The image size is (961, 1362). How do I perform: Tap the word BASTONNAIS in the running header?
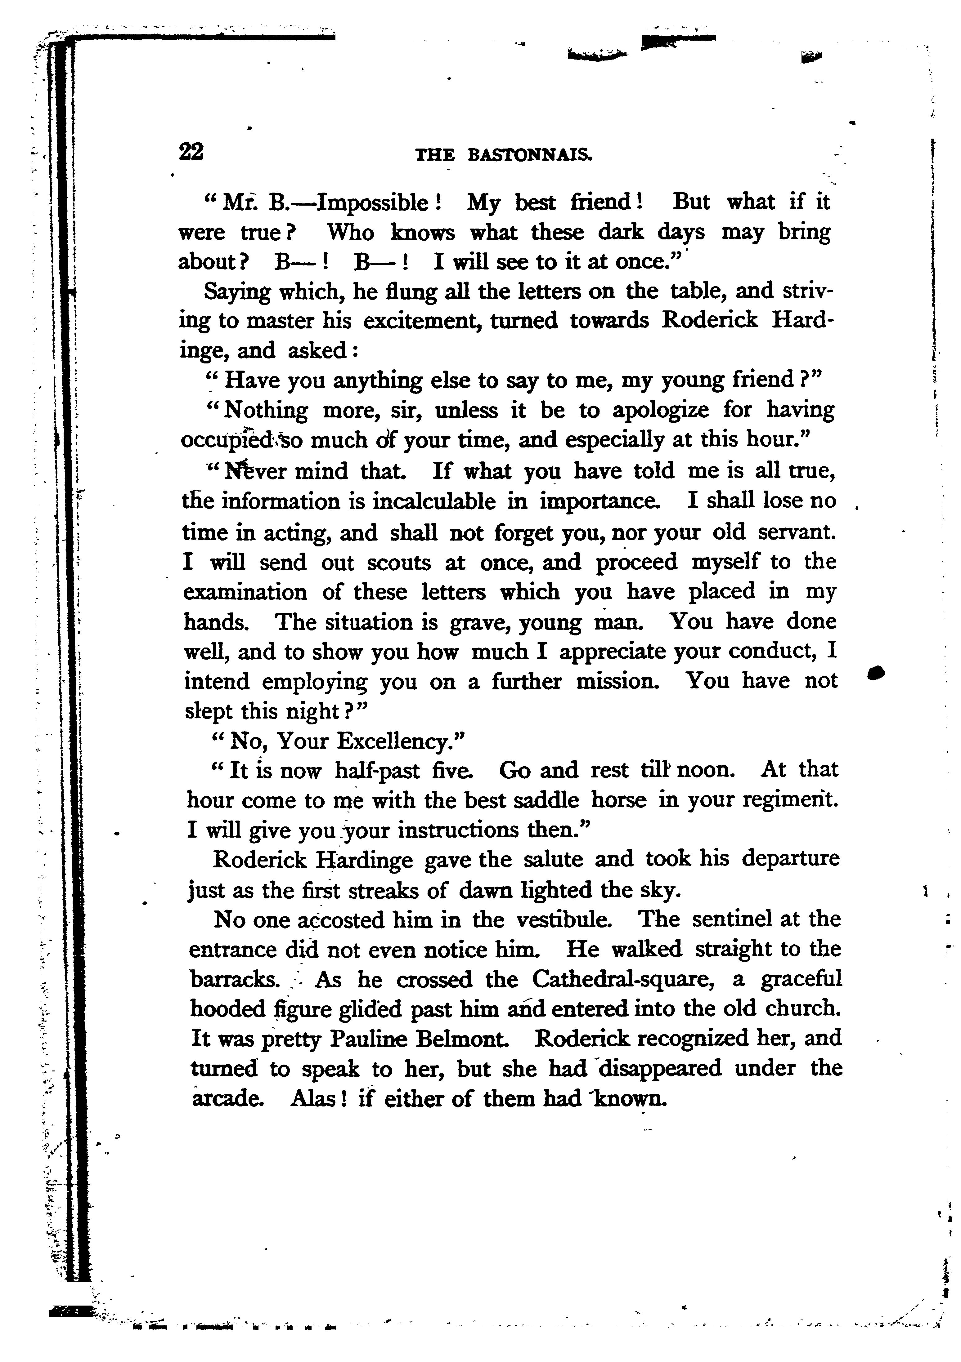click(530, 155)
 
